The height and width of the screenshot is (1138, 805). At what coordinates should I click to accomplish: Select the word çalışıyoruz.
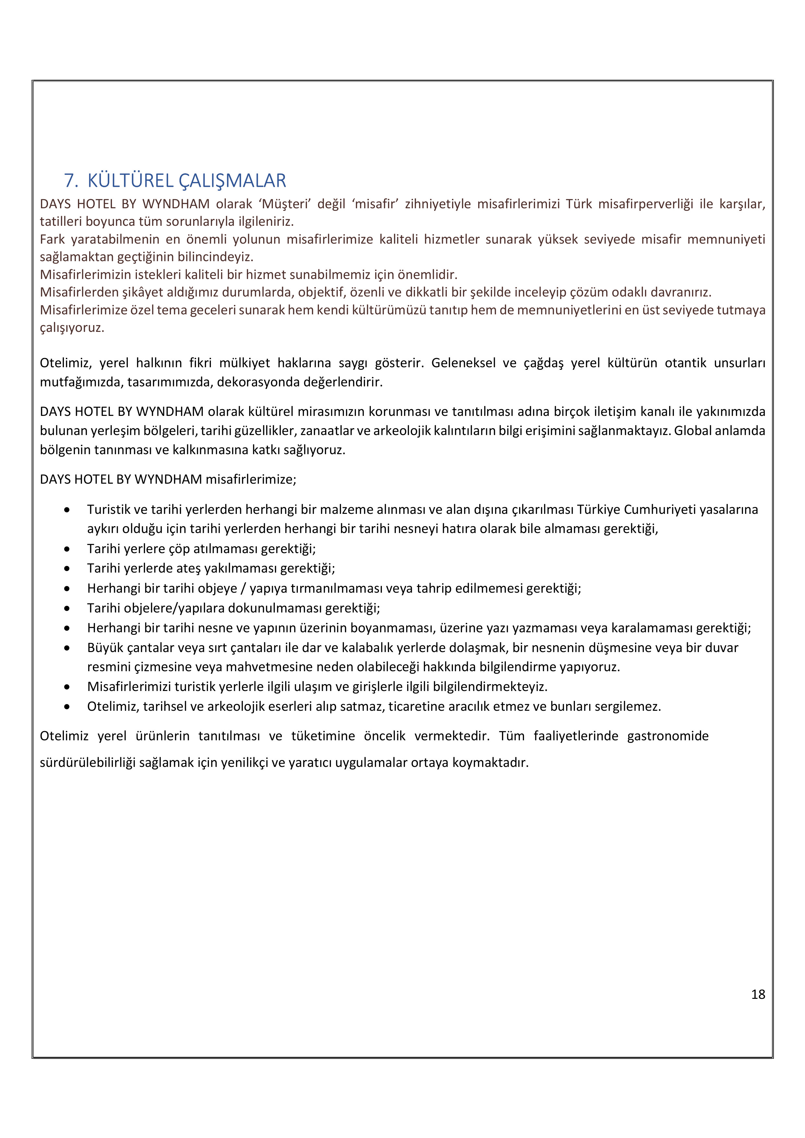pyautogui.click(x=72, y=328)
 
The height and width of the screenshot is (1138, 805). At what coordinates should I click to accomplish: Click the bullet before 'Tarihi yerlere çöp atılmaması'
pyautogui.click(x=67, y=549)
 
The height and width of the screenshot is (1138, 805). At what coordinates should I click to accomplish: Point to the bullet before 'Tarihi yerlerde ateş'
pyautogui.click(x=67, y=569)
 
